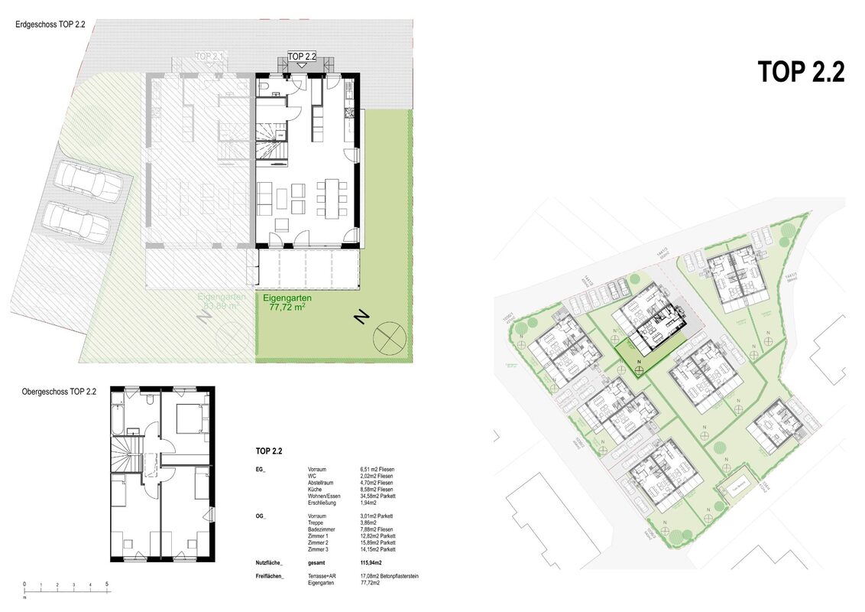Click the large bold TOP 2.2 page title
801,71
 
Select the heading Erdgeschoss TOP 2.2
50,24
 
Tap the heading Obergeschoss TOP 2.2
60,392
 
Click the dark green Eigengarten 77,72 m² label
288,302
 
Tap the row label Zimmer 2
318,543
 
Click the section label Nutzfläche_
271,562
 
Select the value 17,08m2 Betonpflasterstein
389,576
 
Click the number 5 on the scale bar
106,584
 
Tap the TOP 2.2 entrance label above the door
302,57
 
